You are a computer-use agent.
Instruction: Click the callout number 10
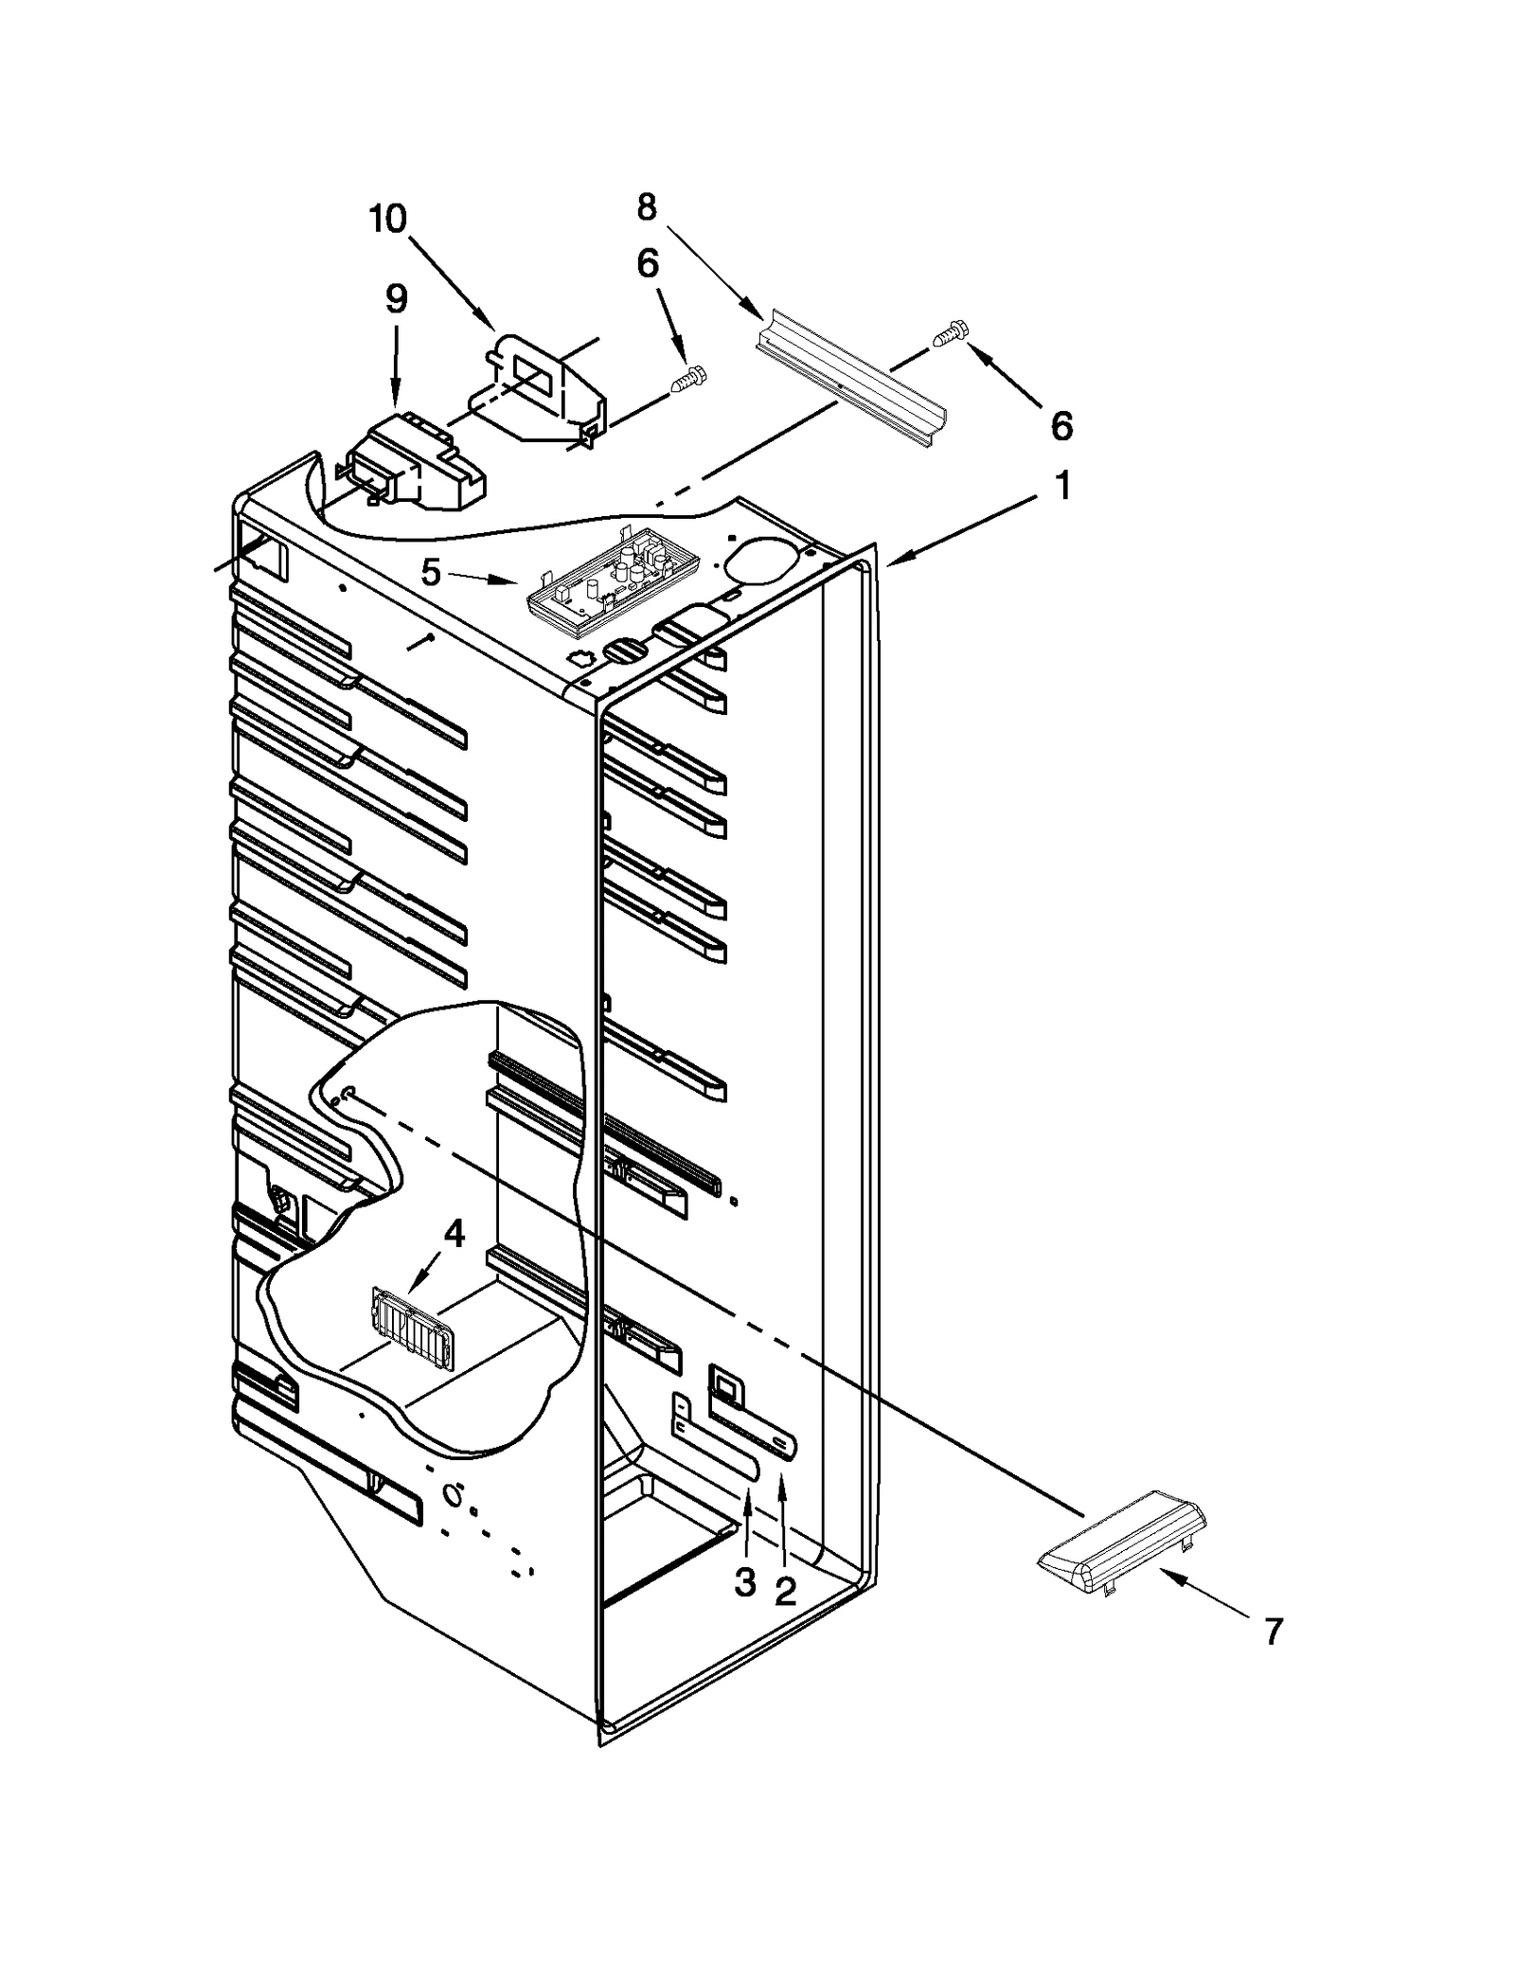point(387,220)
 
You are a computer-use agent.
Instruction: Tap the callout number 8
point(647,207)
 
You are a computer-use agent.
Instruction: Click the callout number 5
point(431,572)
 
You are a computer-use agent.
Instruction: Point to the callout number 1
point(1063,487)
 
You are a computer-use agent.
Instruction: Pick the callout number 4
point(454,1234)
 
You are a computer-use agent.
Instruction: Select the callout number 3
point(746,1581)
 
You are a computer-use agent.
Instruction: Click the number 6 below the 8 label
point(648,264)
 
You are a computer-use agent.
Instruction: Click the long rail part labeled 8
point(852,379)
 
